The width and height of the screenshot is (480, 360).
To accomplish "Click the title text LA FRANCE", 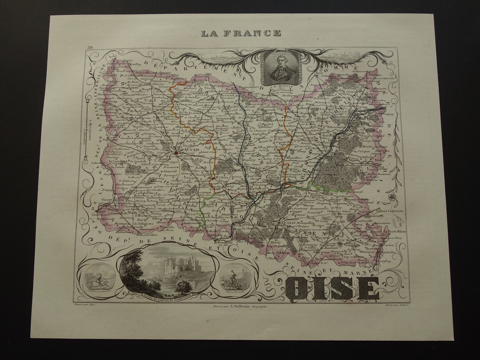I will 240,33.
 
